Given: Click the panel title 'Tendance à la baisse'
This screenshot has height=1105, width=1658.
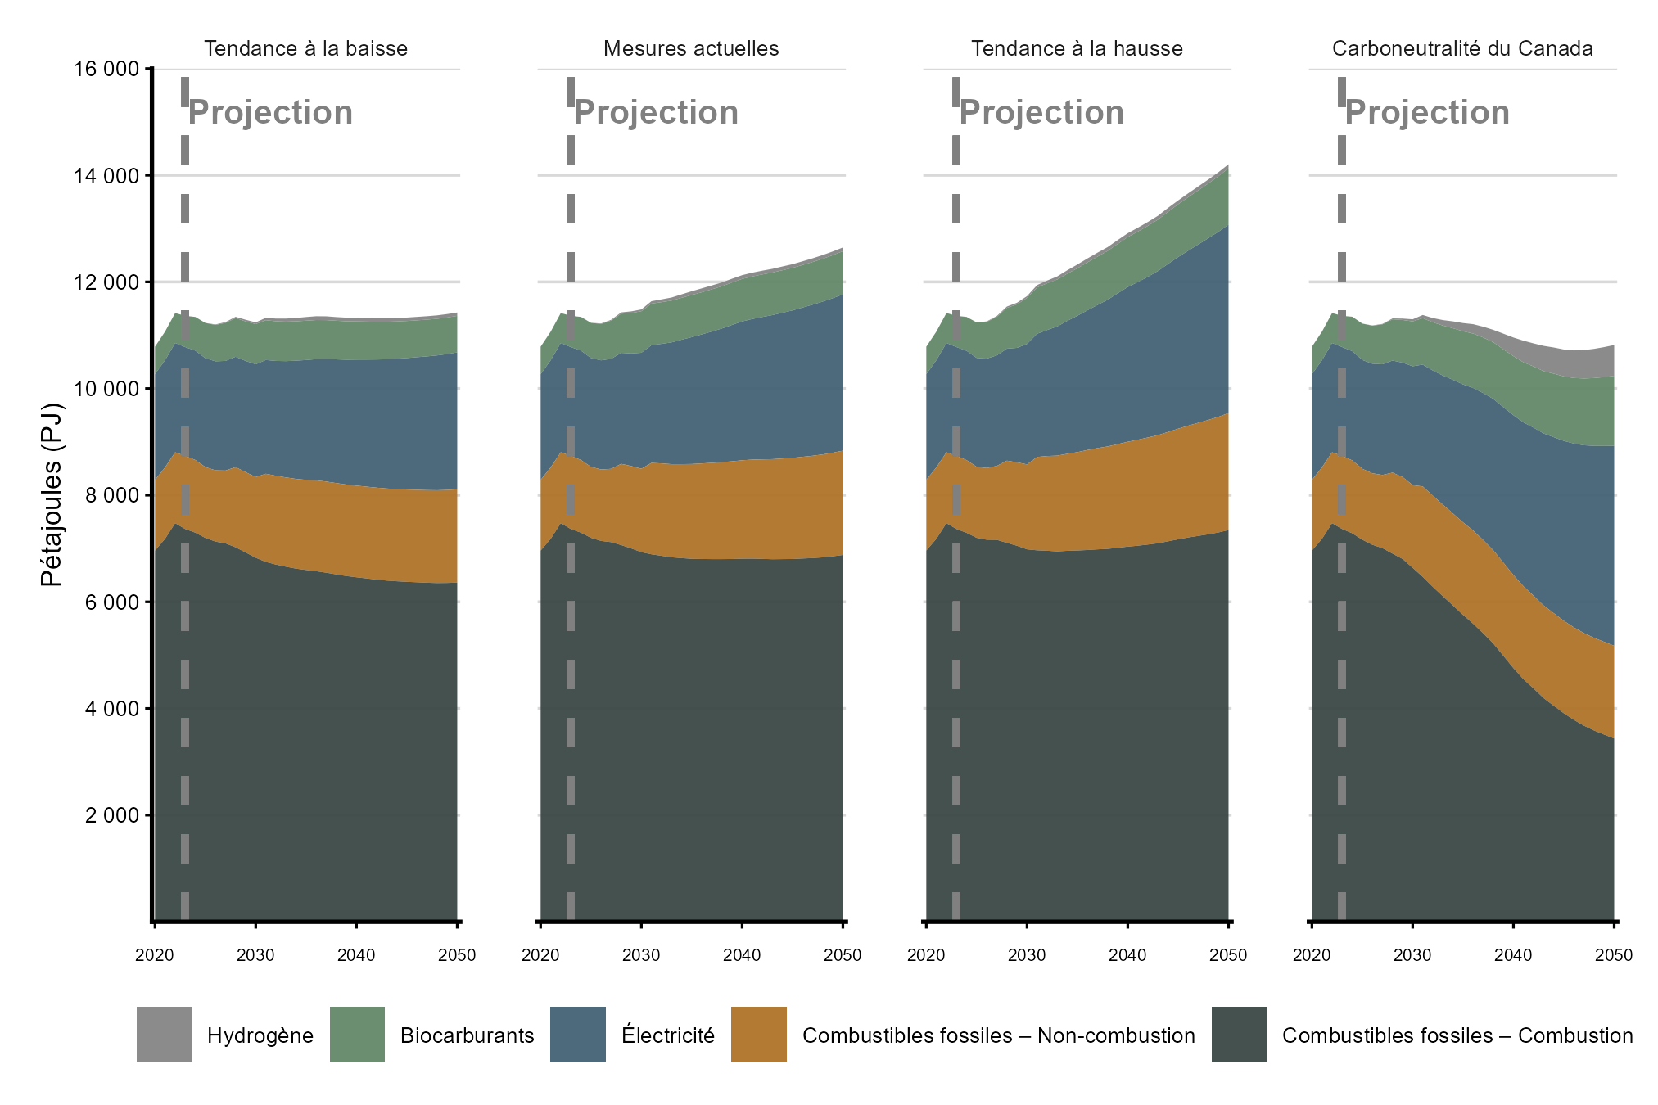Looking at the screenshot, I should point(305,49).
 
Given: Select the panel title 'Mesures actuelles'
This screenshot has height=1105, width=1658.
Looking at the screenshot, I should point(691,49).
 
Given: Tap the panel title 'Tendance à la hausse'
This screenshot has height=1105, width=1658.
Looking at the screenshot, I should point(1077,49).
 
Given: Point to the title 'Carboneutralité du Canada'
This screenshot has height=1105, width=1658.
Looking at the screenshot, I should point(1462,49).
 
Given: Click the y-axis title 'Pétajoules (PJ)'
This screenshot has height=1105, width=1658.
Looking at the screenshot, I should point(52,494).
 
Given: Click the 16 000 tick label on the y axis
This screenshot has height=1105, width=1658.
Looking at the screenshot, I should point(106,69).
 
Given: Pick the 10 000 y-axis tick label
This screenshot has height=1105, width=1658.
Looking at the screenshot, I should point(106,389).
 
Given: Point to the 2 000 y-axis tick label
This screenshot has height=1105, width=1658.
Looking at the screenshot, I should point(112,815).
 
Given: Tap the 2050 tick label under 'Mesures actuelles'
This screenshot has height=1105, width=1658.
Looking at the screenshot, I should point(843,955).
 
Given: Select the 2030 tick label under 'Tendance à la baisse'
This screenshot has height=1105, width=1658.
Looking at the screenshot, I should point(255,955).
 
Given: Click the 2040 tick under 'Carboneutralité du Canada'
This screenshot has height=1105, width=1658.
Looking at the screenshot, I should point(1513,955).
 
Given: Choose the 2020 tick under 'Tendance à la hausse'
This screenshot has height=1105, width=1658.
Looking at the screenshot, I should point(926,955).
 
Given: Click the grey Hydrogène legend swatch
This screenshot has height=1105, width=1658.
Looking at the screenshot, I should point(165,1035).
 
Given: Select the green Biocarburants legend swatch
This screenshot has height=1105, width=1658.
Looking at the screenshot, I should point(357,1035).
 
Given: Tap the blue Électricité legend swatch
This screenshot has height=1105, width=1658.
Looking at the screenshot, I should point(578,1035).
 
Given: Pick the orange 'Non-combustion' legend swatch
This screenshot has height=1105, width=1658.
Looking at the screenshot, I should point(759,1035).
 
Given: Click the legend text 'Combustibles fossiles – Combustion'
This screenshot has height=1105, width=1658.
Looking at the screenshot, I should point(1457,1035).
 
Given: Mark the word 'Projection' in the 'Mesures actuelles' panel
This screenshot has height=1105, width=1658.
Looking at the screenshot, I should point(657,113).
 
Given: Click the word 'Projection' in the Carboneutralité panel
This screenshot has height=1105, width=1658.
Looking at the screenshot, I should point(1428,113).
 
